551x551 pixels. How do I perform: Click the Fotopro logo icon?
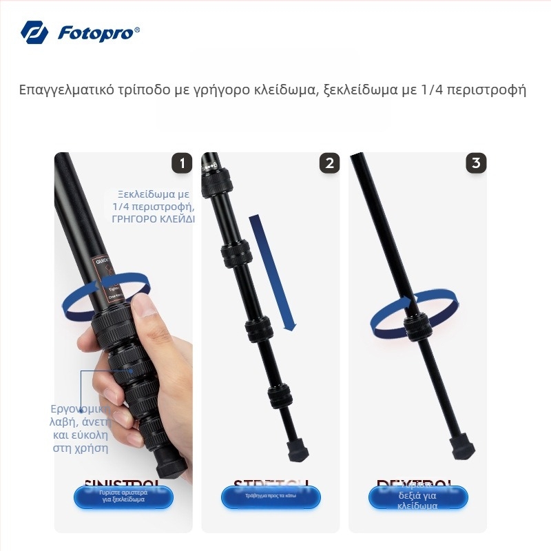coord(34,32)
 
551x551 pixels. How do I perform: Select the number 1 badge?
coord(182,163)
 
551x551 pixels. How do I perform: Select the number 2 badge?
coord(329,163)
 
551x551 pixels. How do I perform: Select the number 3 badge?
coord(476,163)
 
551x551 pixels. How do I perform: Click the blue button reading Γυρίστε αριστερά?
coord(124,497)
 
